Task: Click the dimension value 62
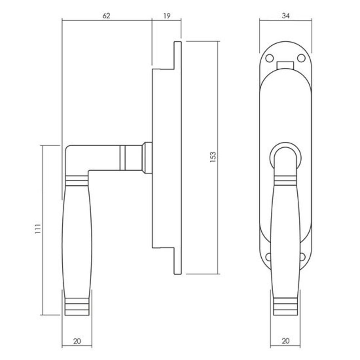(106, 15)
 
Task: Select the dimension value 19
(166, 15)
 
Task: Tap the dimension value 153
(213, 157)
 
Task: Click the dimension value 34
(285, 15)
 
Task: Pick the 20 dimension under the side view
(77, 341)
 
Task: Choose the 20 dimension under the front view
(285, 341)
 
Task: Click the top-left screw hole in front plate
(269, 58)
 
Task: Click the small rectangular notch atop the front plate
(285, 65)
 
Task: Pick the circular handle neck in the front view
(285, 153)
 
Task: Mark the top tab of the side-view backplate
(178, 54)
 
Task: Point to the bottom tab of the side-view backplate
(178, 261)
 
